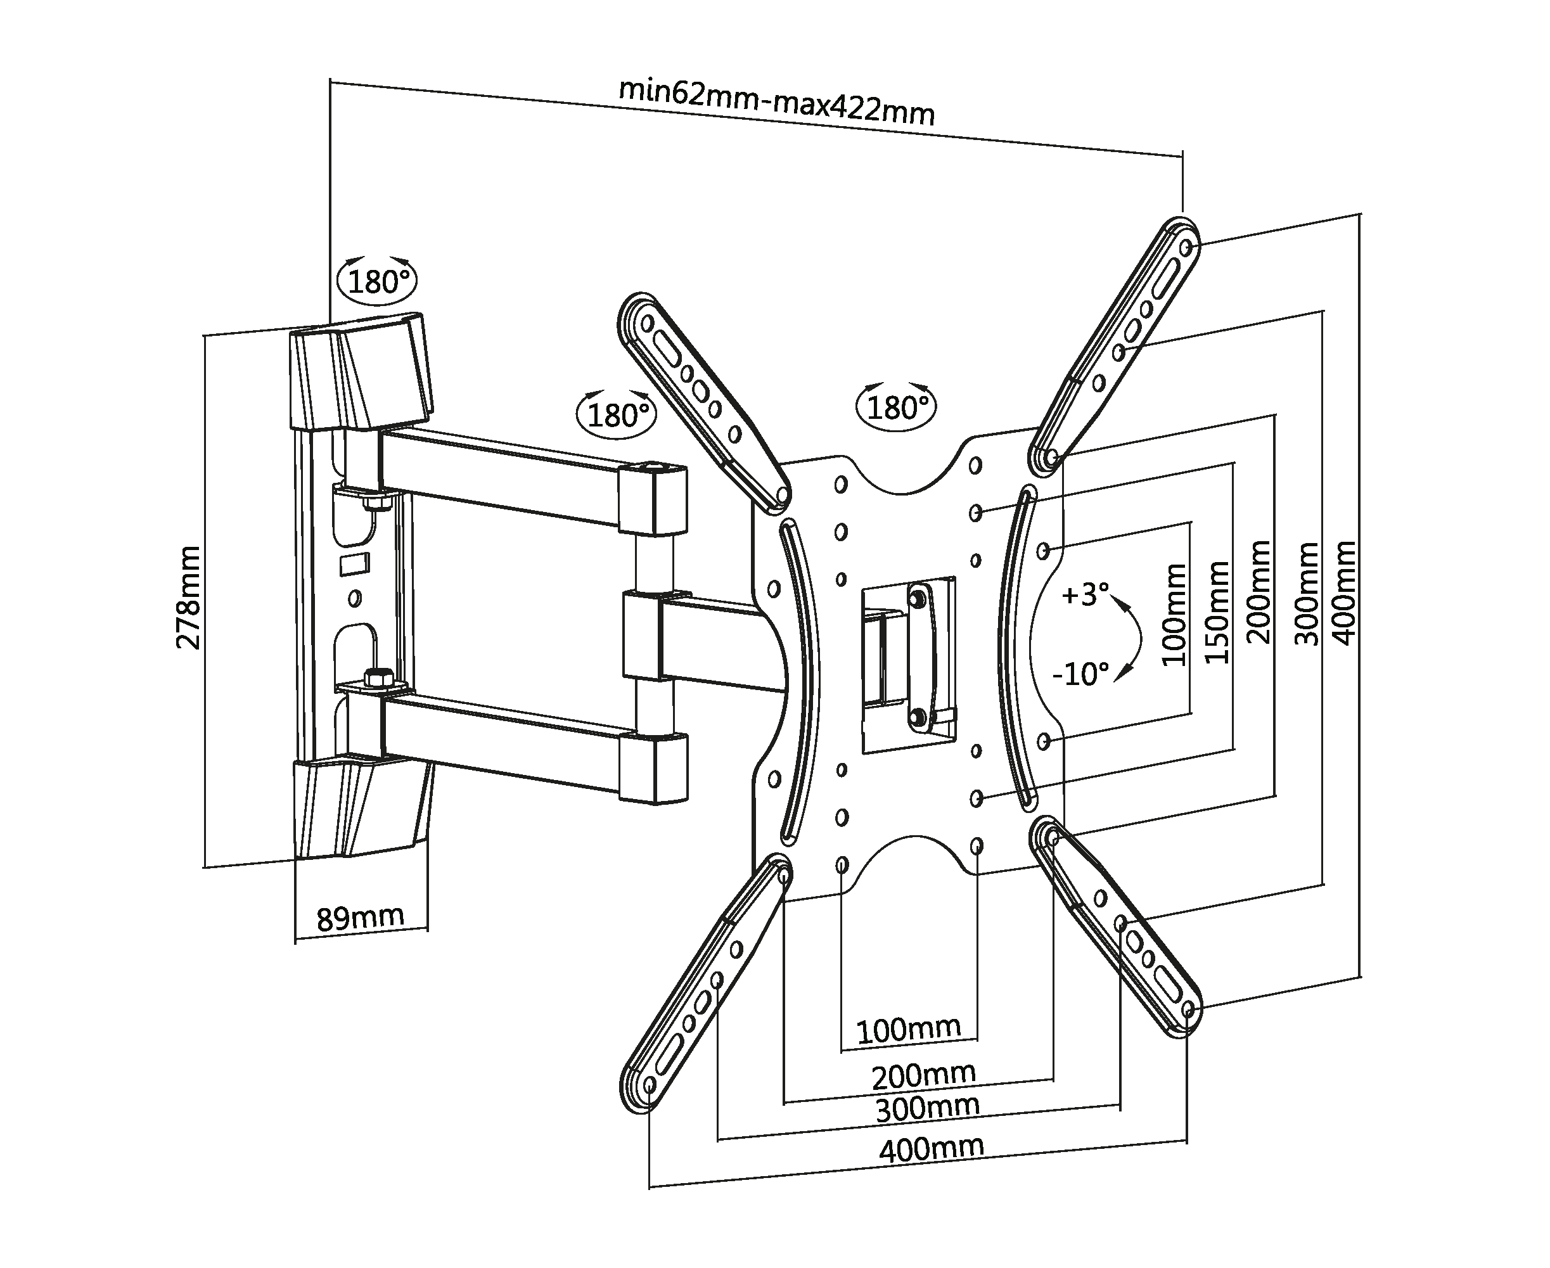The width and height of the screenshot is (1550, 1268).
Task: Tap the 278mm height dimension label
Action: coord(188,597)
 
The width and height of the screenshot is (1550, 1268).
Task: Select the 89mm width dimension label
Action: coord(360,918)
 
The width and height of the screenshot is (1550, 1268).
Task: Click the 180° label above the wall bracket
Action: coord(378,281)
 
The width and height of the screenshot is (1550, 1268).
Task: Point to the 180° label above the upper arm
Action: coord(617,415)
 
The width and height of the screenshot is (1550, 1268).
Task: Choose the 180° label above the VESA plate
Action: coord(898,407)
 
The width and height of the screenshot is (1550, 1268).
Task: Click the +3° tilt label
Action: coord(1085,594)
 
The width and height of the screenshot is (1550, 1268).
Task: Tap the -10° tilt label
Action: coord(1080,674)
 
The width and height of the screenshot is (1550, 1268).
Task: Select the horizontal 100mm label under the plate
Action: coord(908,1030)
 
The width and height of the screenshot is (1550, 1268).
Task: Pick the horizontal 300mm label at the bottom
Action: coord(927,1108)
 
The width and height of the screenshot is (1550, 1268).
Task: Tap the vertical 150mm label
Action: coord(1216,612)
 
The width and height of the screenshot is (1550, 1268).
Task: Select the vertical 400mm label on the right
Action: coord(1344,592)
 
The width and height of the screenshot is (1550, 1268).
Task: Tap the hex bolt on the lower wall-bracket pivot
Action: coord(377,677)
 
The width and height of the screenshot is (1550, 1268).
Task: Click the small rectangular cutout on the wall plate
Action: coord(354,563)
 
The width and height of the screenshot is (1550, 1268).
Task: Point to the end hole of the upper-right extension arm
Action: coord(1186,247)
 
